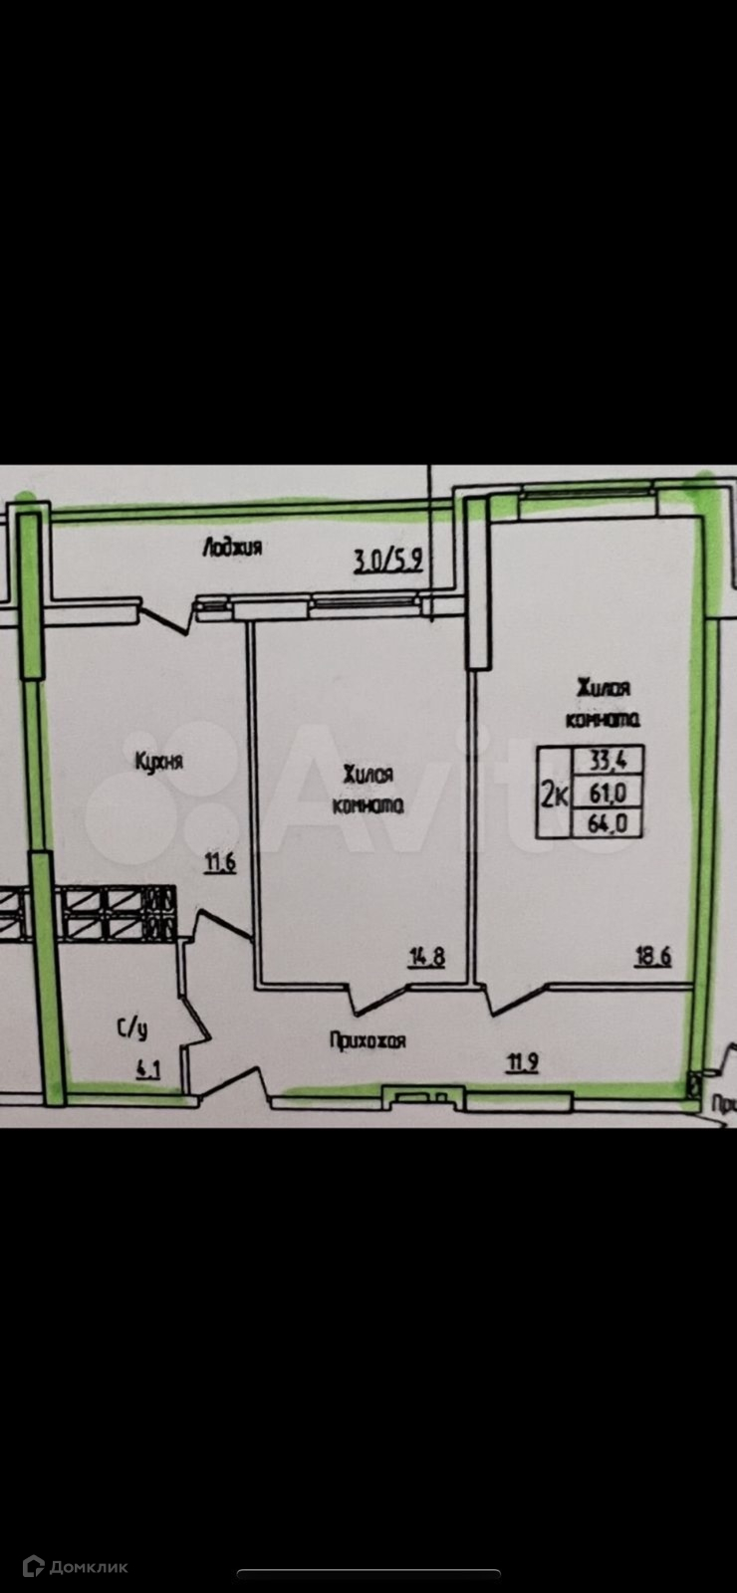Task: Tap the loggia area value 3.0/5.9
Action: [x=389, y=560]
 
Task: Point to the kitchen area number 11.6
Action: [x=220, y=863]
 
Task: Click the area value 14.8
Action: [x=425, y=958]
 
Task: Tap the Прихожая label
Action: [x=368, y=1041]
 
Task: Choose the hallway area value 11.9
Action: [x=523, y=1061]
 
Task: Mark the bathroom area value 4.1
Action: [x=148, y=1071]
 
